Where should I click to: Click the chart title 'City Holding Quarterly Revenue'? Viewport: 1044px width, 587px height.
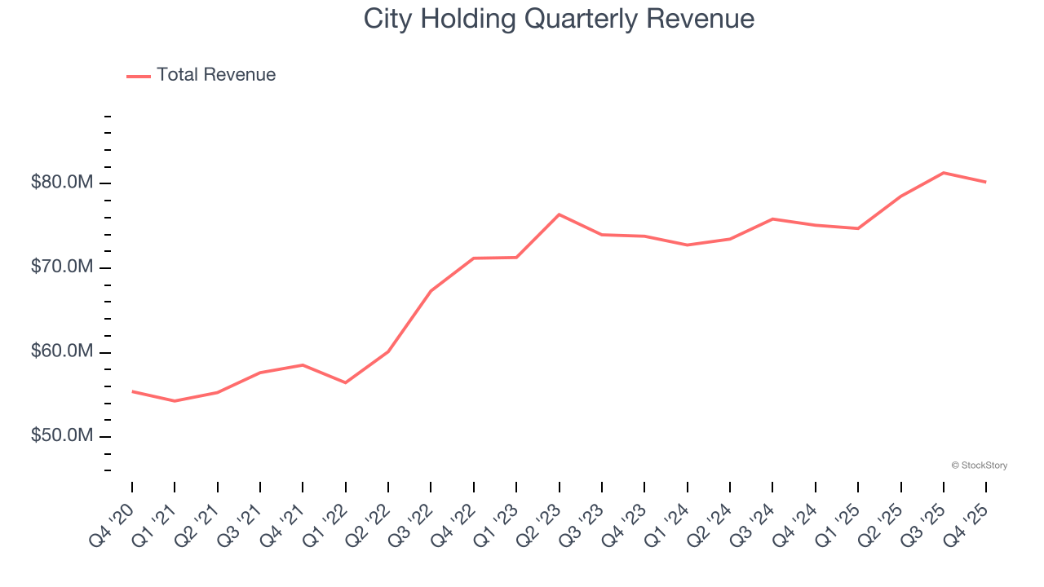[559, 19]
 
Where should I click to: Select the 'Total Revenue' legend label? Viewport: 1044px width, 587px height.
[216, 75]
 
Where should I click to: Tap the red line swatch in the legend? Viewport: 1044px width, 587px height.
[139, 76]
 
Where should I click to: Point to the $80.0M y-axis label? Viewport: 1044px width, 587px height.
[61, 183]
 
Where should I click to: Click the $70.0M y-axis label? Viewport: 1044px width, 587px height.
[61, 267]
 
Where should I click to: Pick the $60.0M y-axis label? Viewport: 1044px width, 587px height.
[61, 352]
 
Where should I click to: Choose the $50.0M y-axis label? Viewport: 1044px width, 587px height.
[61, 436]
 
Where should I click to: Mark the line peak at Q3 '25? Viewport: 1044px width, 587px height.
[944, 173]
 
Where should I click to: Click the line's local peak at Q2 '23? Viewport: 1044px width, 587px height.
[559, 214]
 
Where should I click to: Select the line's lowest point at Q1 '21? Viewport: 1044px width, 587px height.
[175, 401]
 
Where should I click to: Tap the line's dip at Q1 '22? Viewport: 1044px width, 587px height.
[346, 382]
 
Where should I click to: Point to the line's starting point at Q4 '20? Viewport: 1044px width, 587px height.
[132, 391]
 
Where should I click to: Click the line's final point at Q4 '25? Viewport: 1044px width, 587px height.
[986, 182]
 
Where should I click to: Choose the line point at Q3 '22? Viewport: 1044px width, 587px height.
[431, 291]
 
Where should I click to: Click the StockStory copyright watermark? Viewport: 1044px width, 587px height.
[979, 466]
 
